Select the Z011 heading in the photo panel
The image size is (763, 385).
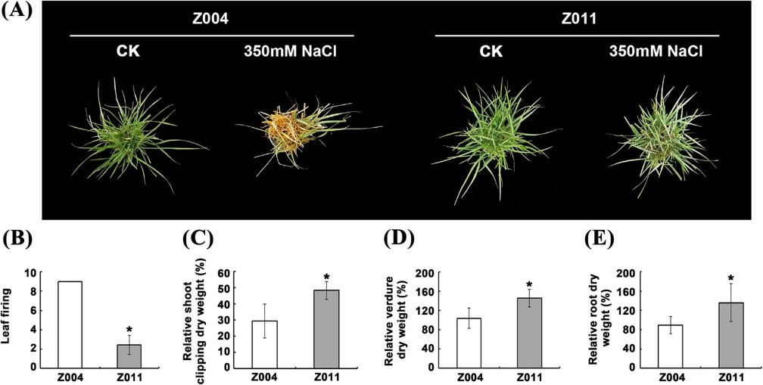[x=578, y=17]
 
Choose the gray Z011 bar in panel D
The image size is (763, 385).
[x=529, y=332]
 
